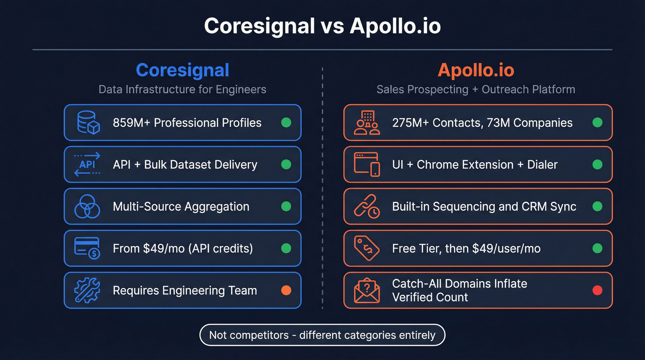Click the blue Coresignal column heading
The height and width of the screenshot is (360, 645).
click(x=182, y=70)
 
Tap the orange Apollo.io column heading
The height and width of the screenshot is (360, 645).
click(x=476, y=70)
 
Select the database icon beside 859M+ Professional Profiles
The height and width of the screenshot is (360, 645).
click(x=87, y=123)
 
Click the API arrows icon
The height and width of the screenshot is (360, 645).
click(x=87, y=165)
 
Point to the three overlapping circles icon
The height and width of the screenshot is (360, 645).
click(x=87, y=207)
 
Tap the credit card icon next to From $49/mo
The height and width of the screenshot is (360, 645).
click(x=87, y=248)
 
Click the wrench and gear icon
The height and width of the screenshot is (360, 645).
click(x=87, y=290)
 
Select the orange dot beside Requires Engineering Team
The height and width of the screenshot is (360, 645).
click(x=286, y=290)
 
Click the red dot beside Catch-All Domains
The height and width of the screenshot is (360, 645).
click(x=598, y=290)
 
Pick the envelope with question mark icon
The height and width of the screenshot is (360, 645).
click(x=367, y=291)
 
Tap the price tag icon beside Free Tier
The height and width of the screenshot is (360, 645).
click(x=367, y=248)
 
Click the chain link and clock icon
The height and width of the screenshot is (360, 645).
click(x=367, y=207)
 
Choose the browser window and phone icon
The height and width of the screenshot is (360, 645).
click(x=367, y=165)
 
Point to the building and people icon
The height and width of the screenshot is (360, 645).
click(x=367, y=123)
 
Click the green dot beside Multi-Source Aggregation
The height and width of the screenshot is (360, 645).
click(x=286, y=207)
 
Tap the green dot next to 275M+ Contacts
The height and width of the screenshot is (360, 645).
click(x=598, y=123)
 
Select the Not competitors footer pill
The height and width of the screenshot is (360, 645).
click(x=322, y=335)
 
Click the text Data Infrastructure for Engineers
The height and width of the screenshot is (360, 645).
click(x=182, y=89)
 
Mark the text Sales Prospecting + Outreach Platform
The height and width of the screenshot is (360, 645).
click(x=476, y=89)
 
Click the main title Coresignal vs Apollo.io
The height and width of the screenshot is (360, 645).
click(x=322, y=26)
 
